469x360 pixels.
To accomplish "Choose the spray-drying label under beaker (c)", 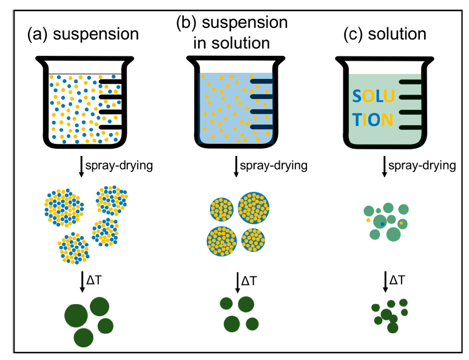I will (419, 165).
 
